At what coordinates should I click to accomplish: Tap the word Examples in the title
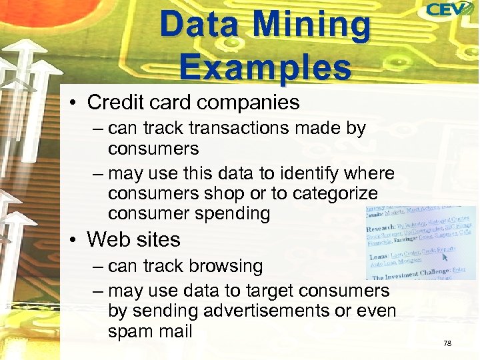tap(265, 67)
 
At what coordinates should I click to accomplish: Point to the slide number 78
tap(447, 343)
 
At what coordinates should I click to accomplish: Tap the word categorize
tap(332, 194)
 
